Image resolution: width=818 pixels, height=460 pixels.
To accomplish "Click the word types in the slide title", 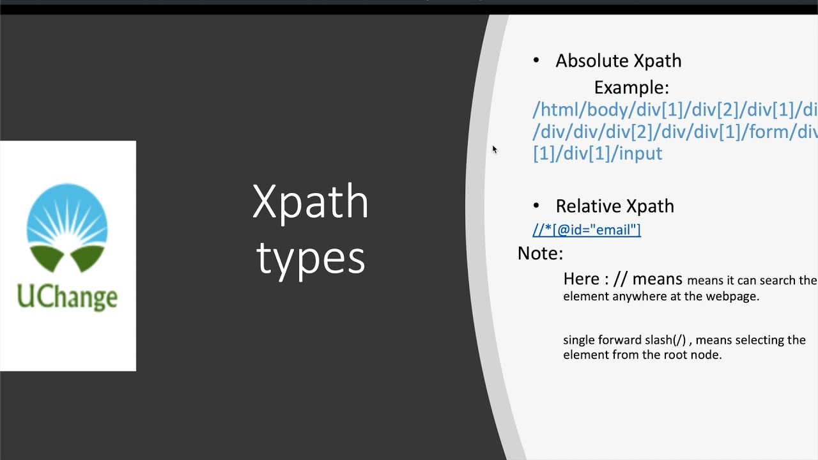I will click(311, 258).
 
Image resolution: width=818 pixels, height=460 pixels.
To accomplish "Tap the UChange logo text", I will click(67, 297).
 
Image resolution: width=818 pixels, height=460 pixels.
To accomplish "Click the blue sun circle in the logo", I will click(67, 214).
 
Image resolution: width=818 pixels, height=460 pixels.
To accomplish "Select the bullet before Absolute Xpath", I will click(536, 61).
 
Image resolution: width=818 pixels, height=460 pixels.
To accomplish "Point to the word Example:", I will click(631, 88).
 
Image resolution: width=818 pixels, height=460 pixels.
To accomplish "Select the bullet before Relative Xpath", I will click(536, 206).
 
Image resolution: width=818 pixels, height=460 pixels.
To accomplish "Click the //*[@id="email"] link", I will click(587, 230).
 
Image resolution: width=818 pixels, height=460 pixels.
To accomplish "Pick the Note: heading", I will click(540, 254).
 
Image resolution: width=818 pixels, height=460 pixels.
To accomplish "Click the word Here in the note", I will click(581, 279).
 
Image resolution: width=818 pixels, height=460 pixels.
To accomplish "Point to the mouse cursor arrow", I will click(494, 149).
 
